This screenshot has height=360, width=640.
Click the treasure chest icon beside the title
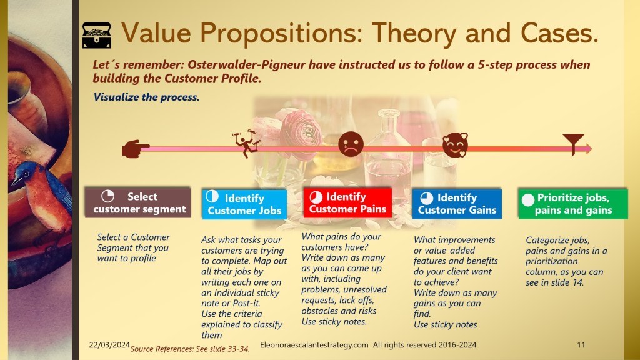click(x=96, y=36)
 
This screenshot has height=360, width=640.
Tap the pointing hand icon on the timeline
click(x=136, y=149)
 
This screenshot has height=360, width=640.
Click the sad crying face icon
click(x=351, y=144)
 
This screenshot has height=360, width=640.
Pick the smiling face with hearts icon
click(x=455, y=145)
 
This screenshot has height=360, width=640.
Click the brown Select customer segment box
click(x=138, y=202)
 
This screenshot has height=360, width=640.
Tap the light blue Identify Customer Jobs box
click(x=244, y=204)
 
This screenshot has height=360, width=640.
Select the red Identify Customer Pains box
click(x=347, y=202)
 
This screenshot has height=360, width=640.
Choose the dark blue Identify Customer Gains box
click(x=457, y=204)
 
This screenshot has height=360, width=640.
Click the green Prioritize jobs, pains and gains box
click(x=572, y=204)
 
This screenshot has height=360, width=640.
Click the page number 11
click(x=581, y=345)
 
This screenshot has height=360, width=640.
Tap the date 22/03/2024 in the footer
click(x=109, y=345)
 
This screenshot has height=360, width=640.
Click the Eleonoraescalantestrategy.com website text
click(x=314, y=345)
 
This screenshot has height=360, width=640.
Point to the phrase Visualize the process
click(x=146, y=97)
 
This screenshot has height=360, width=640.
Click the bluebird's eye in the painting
click(x=26, y=174)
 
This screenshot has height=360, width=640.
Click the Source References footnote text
click(x=190, y=349)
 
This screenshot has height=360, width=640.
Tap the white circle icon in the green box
click(x=527, y=200)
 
